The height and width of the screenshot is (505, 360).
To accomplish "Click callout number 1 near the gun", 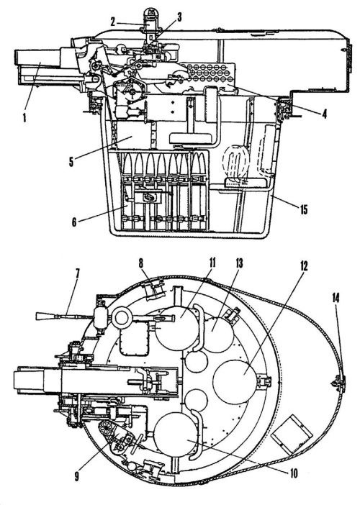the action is [24, 117].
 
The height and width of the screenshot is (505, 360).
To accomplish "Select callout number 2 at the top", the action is [112, 22].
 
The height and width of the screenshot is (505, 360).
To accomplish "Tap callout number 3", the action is [179, 17].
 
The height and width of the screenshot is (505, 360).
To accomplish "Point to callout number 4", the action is [324, 114].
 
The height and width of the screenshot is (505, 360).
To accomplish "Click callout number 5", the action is [71, 162].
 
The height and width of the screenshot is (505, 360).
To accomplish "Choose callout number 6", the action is [74, 222].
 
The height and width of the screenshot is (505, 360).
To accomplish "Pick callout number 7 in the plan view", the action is [77, 273].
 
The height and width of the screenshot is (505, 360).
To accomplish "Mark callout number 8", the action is [140, 263].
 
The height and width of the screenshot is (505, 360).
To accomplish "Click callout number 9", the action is [76, 476].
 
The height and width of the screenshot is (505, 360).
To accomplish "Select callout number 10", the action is [294, 473].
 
